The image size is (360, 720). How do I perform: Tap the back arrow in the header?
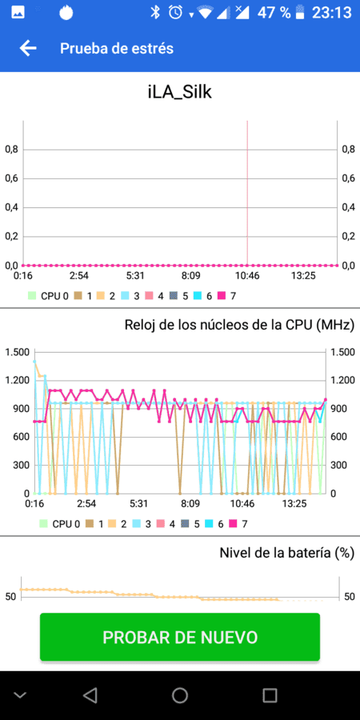tap(28, 48)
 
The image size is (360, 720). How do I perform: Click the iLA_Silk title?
tap(179, 92)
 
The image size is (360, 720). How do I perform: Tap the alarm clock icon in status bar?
tap(175, 13)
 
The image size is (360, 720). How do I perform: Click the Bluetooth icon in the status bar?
tap(155, 13)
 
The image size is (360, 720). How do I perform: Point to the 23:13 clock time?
tap(331, 13)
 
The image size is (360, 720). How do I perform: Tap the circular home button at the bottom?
tap(180, 696)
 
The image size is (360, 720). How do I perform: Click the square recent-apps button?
tap(270, 696)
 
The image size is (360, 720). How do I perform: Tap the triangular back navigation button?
tap(90, 696)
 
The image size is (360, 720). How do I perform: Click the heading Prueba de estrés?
tap(117, 48)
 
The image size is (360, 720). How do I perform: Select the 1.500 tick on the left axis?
tap(17, 352)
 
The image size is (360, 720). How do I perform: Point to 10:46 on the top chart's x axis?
tap(247, 277)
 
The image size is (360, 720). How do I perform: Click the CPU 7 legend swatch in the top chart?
tap(222, 296)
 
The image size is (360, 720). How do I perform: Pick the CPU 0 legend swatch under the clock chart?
tap(44, 523)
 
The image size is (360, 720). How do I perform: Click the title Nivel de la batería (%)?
tap(286, 553)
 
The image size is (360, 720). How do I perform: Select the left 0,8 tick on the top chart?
tap(11, 150)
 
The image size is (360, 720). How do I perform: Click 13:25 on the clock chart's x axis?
tap(294, 504)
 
